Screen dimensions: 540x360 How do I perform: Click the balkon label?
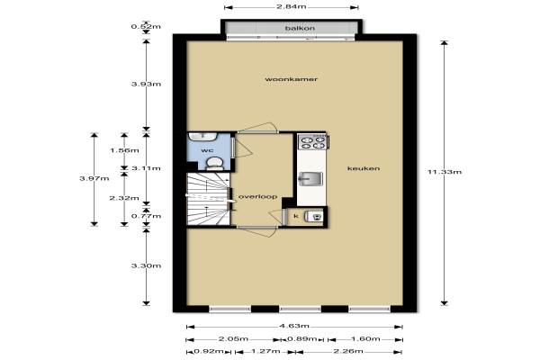point(300,28)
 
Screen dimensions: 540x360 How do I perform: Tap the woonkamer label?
point(291,79)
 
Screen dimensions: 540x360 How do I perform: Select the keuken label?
point(364,168)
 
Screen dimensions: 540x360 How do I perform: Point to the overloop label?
point(258,197)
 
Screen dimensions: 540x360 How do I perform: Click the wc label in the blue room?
point(207,150)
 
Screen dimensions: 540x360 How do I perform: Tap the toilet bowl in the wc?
point(214,163)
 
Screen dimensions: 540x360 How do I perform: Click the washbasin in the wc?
point(202,137)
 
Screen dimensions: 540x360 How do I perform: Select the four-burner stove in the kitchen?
point(312,142)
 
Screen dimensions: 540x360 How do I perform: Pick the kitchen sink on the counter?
point(310,179)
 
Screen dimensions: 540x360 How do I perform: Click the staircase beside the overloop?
point(208,199)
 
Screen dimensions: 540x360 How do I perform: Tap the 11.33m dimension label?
point(445,172)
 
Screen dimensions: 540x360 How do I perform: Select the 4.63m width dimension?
point(294,326)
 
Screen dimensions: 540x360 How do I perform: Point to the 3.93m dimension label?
point(146,84)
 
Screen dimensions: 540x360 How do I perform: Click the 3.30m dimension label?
point(146,265)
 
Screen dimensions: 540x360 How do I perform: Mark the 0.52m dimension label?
point(146,26)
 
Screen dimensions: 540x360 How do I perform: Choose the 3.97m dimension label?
point(94,178)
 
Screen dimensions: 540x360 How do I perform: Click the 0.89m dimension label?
point(302,339)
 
